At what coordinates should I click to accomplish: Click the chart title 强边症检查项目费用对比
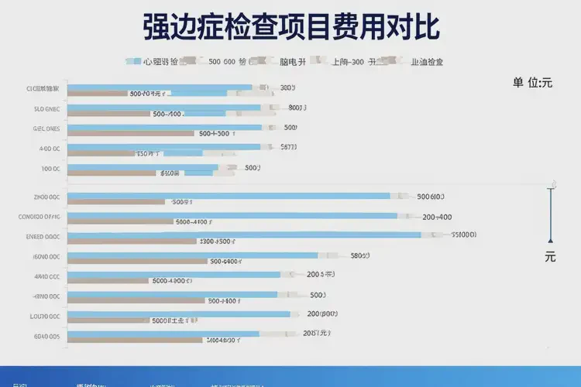click(x=291, y=26)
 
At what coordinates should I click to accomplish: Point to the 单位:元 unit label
click(x=532, y=83)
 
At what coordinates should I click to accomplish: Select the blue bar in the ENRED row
click(x=244, y=235)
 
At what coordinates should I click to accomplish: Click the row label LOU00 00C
click(x=45, y=316)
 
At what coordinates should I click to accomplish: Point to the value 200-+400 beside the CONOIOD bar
click(x=437, y=217)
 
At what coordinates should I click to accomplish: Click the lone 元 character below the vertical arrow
click(x=550, y=257)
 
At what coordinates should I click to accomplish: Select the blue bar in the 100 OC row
click(x=143, y=167)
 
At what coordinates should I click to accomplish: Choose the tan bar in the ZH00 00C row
click(x=116, y=202)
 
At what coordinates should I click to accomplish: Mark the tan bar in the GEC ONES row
click(x=130, y=133)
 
